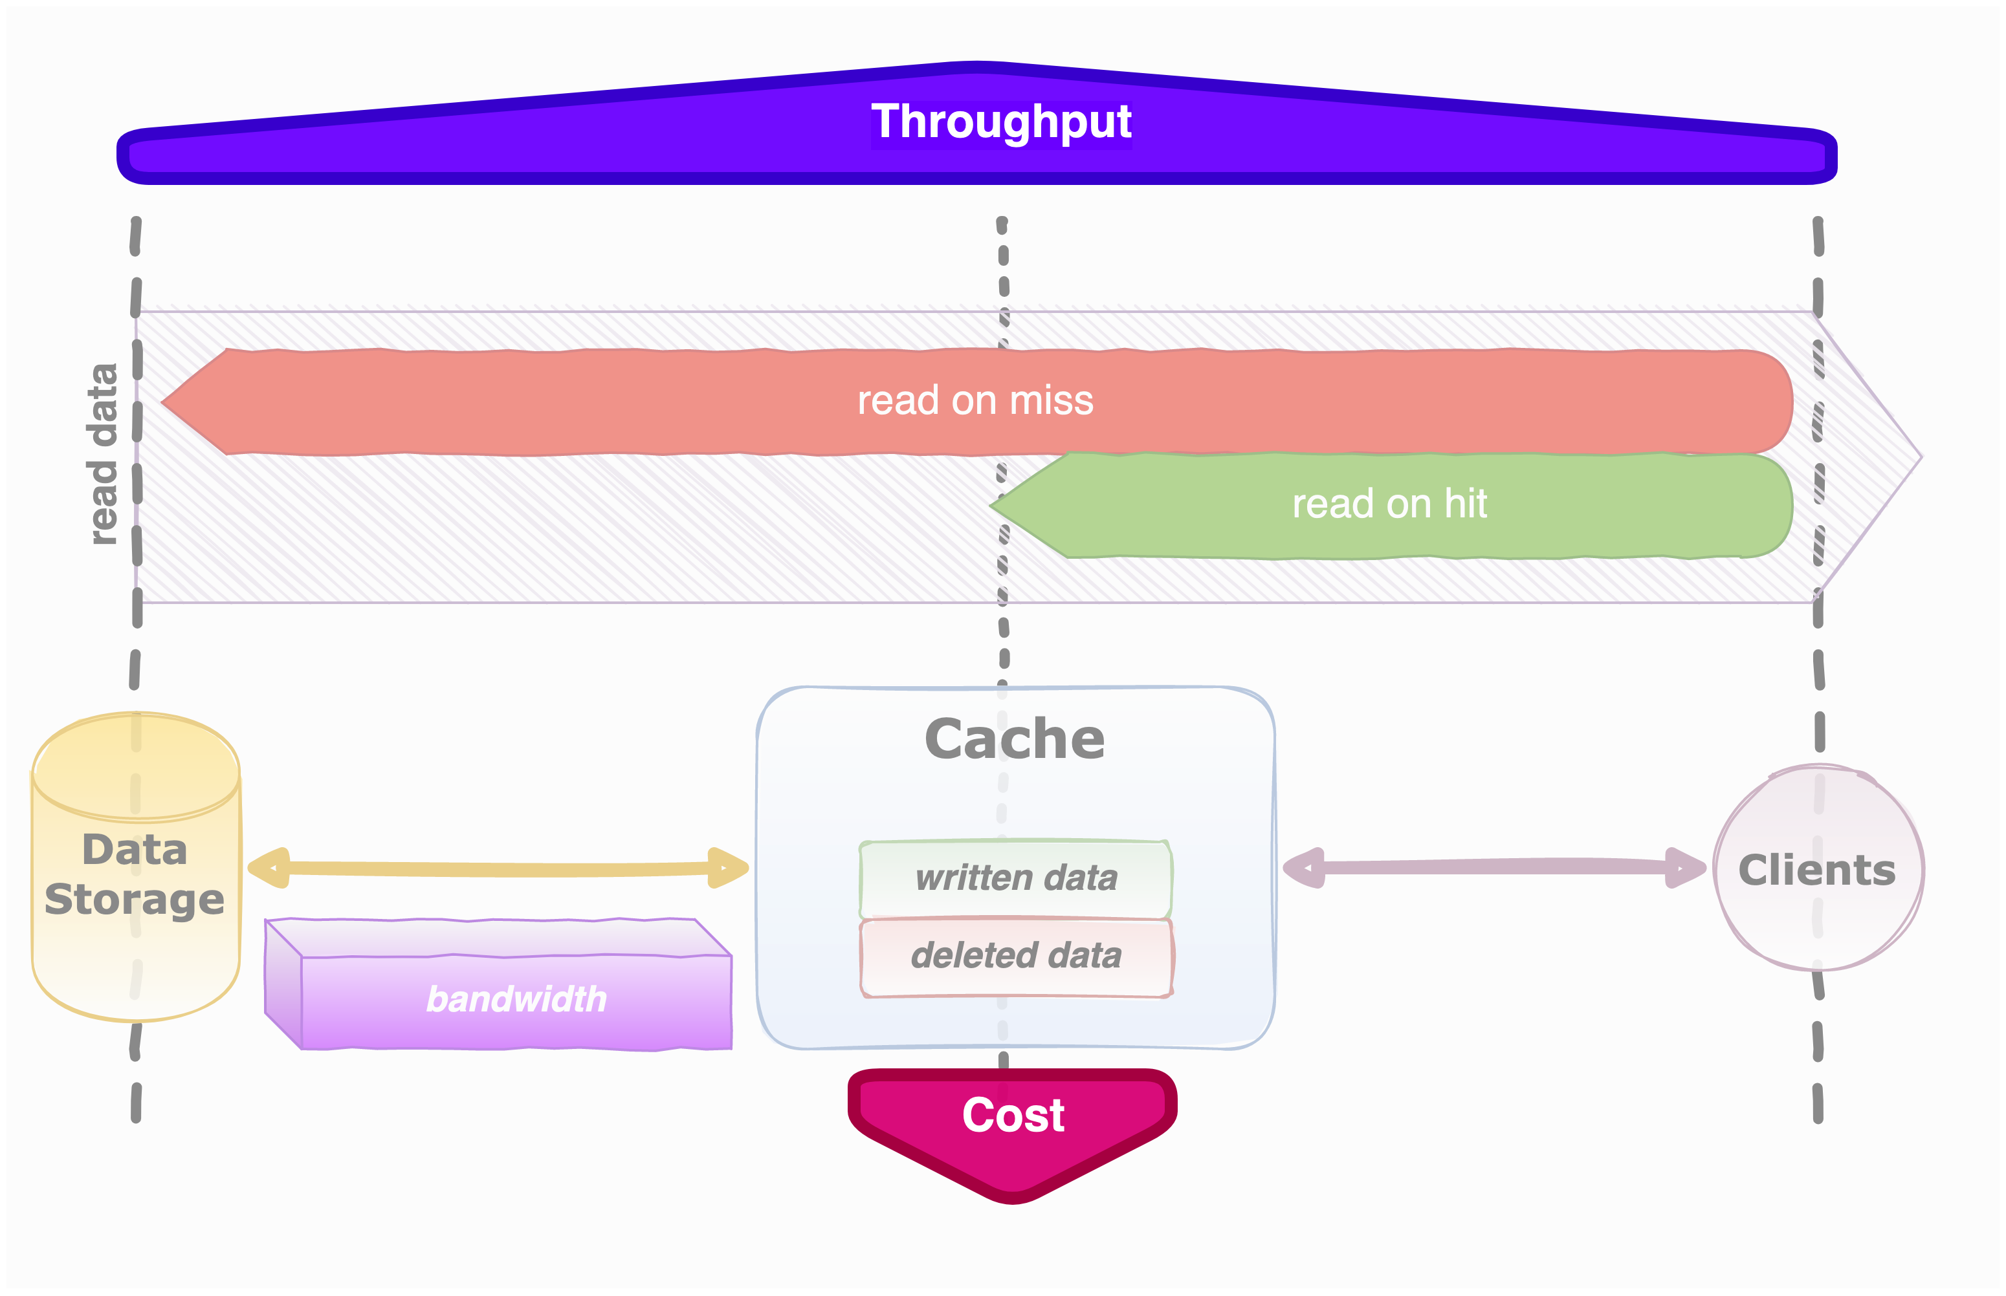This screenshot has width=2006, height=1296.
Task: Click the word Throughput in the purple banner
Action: pos(1001,122)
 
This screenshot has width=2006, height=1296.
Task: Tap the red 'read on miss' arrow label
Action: pos(975,400)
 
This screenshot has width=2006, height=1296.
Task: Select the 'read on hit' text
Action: pos(1389,504)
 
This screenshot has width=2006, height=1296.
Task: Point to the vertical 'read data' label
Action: pos(103,455)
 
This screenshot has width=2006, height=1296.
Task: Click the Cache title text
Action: pos(1015,739)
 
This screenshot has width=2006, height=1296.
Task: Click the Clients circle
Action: pos(1818,869)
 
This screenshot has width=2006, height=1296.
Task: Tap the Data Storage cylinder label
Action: pos(135,874)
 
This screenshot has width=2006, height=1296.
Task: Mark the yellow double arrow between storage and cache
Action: pos(497,869)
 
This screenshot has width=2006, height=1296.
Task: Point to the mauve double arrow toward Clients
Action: pos(1494,867)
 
